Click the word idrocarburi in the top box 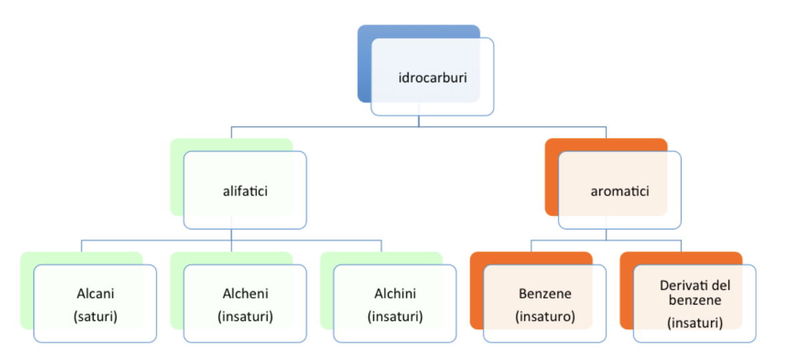coord(432,79)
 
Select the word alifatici coord(245,191)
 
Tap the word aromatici coord(620,191)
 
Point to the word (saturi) coord(95,317)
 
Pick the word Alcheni coord(245,293)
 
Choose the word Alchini coord(395,293)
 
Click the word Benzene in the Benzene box coord(545,293)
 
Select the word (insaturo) coord(545,317)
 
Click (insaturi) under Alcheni coord(245,317)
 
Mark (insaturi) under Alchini coord(395,317)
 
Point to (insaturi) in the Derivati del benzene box coord(695,323)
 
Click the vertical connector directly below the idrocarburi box coord(419,121)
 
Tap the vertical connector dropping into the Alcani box coord(82,246)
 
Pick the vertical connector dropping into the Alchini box coord(381,246)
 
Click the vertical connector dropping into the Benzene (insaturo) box coord(531,246)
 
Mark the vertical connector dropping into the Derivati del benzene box coord(681,246)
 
